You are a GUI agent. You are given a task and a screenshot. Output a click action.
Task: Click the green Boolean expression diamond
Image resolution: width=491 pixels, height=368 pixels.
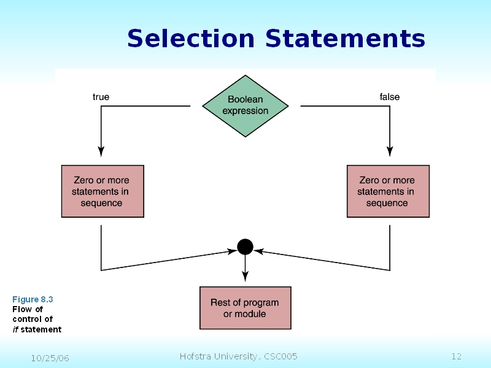pyautogui.click(x=245, y=105)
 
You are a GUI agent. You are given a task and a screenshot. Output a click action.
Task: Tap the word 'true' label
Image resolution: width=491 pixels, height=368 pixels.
pyautogui.click(x=101, y=97)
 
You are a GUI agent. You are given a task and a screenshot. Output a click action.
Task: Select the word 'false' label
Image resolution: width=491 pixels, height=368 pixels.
pyautogui.click(x=389, y=97)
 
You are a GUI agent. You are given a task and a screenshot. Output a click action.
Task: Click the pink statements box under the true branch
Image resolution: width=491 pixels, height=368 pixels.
pyautogui.click(x=102, y=191)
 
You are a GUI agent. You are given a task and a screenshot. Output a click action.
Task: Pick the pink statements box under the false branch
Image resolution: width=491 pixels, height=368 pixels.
pyautogui.click(x=388, y=191)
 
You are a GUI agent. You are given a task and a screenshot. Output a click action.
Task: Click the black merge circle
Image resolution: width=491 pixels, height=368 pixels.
pyautogui.click(x=245, y=247)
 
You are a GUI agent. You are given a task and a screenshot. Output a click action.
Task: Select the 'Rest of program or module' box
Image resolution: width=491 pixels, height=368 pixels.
pyautogui.click(x=245, y=308)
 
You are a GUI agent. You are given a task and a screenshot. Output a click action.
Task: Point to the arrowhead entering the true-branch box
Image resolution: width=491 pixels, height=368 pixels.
pyautogui.click(x=101, y=152)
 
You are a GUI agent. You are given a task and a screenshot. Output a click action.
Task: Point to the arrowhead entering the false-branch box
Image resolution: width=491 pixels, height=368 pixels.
pyautogui.click(x=390, y=152)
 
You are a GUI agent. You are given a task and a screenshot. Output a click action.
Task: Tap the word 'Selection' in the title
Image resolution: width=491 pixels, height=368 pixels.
pyautogui.click(x=190, y=39)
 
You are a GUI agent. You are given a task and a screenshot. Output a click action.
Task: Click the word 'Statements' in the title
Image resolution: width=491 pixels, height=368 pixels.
pyautogui.click(x=345, y=39)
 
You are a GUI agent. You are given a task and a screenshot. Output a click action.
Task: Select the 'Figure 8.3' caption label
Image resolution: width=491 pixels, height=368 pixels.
pyautogui.click(x=33, y=299)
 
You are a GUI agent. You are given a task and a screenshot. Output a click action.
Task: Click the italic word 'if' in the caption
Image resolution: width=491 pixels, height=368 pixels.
pyautogui.click(x=15, y=329)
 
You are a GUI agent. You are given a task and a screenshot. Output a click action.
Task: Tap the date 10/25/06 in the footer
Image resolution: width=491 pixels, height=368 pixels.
pyautogui.click(x=50, y=358)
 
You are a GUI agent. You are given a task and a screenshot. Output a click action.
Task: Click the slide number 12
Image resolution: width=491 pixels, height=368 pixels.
pyautogui.click(x=455, y=356)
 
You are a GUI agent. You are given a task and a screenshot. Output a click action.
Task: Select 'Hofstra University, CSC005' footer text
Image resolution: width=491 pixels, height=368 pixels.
pyautogui.click(x=238, y=356)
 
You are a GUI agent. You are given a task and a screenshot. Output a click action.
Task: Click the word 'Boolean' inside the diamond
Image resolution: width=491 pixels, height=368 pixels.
pyautogui.click(x=245, y=99)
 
